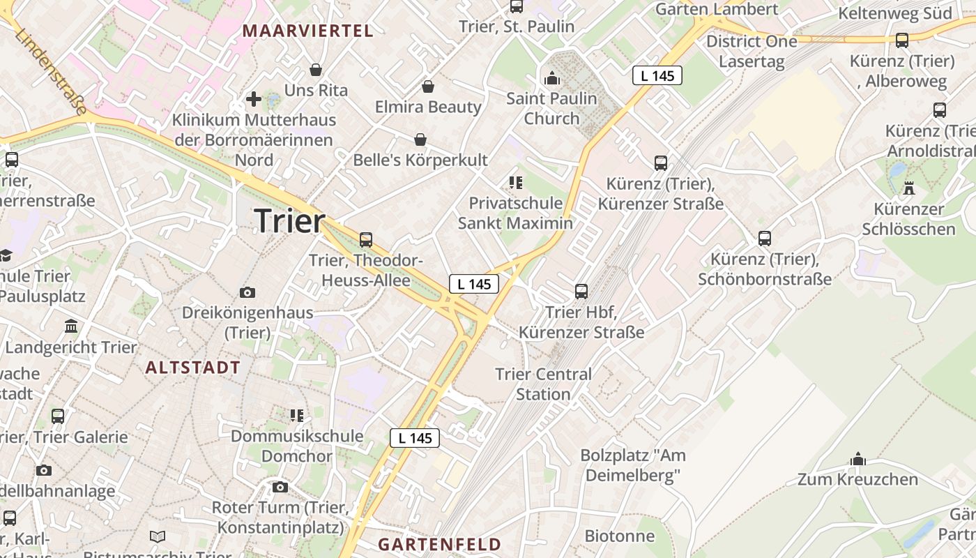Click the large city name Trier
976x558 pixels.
click(x=289, y=220)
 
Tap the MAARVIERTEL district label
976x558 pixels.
click(x=307, y=31)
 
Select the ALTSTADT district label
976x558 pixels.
click(x=192, y=368)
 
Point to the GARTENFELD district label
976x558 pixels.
click(x=439, y=544)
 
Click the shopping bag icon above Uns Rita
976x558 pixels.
click(x=316, y=70)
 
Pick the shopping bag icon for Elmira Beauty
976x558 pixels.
click(x=427, y=86)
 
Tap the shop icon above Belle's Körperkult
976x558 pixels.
click(x=420, y=139)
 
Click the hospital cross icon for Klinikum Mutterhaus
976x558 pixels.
click(x=254, y=100)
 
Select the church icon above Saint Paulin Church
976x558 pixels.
click(x=552, y=77)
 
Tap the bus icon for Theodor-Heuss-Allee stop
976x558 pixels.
click(x=366, y=240)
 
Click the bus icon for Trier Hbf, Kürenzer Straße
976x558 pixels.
click(x=581, y=292)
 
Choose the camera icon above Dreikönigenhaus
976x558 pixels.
click(x=247, y=292)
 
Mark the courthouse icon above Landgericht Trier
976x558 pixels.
click(x=71, y=326)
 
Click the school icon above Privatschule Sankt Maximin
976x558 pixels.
click(x=515, y=183)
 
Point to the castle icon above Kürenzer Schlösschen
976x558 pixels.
click(x=909, y=188)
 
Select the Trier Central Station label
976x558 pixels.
click(x=543, y=384)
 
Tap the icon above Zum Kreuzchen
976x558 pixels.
click(x=858, y=459)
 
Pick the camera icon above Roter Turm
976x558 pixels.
click(x=280, y=487)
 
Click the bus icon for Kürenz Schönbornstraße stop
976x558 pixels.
click(x=765, y=239)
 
